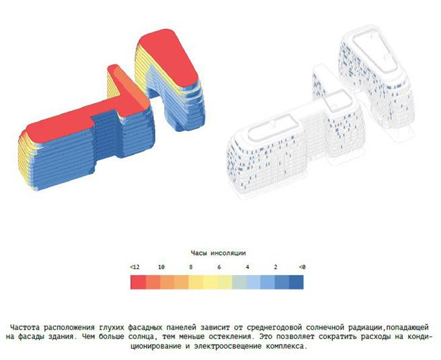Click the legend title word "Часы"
[x=198, y=253]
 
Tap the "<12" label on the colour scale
[x=134, y=267]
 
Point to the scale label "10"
[x=161, y=267]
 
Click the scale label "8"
[x=191, y=267]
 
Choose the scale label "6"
[x=218, y=267]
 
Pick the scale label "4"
[x=247, y=267]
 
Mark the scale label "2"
[x=276, y=267]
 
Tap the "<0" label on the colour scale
[x=302, y=267]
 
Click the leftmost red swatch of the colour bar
[x=138, y=282]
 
